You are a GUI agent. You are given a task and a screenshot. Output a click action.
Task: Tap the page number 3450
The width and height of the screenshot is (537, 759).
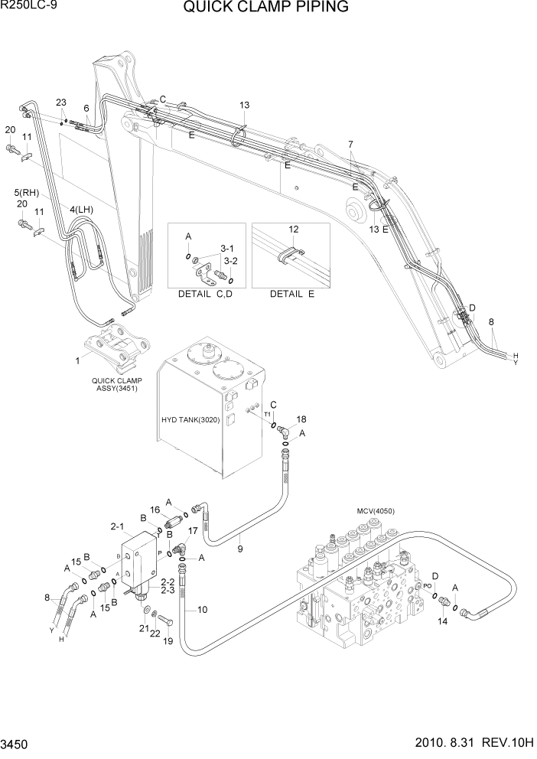click(x=15, y=744)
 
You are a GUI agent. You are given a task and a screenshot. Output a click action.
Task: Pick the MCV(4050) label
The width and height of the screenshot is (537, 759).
click(x=375, y=511)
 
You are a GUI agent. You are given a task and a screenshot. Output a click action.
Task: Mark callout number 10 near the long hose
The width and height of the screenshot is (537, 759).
click(x=203, y=609)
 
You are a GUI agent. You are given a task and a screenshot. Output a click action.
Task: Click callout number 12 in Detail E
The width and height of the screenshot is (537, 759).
click(x=293, y=230)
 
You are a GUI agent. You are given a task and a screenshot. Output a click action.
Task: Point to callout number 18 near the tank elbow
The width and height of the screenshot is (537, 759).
click(x=301, y=419)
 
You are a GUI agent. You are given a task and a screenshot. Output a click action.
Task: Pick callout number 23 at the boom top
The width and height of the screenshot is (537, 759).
click(x=61, y=103)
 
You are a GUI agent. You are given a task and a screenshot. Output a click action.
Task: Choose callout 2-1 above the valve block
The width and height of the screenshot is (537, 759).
click(x=117, y=526)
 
